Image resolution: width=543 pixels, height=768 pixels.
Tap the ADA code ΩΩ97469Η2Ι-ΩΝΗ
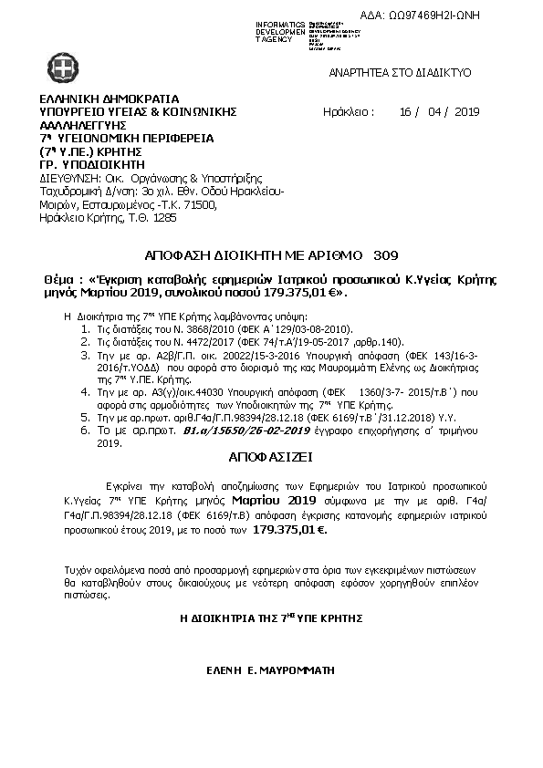[433, 16]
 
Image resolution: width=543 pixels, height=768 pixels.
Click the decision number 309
[385, 253]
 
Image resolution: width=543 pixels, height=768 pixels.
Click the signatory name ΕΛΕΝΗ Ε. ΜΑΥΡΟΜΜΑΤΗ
[272, 669]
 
